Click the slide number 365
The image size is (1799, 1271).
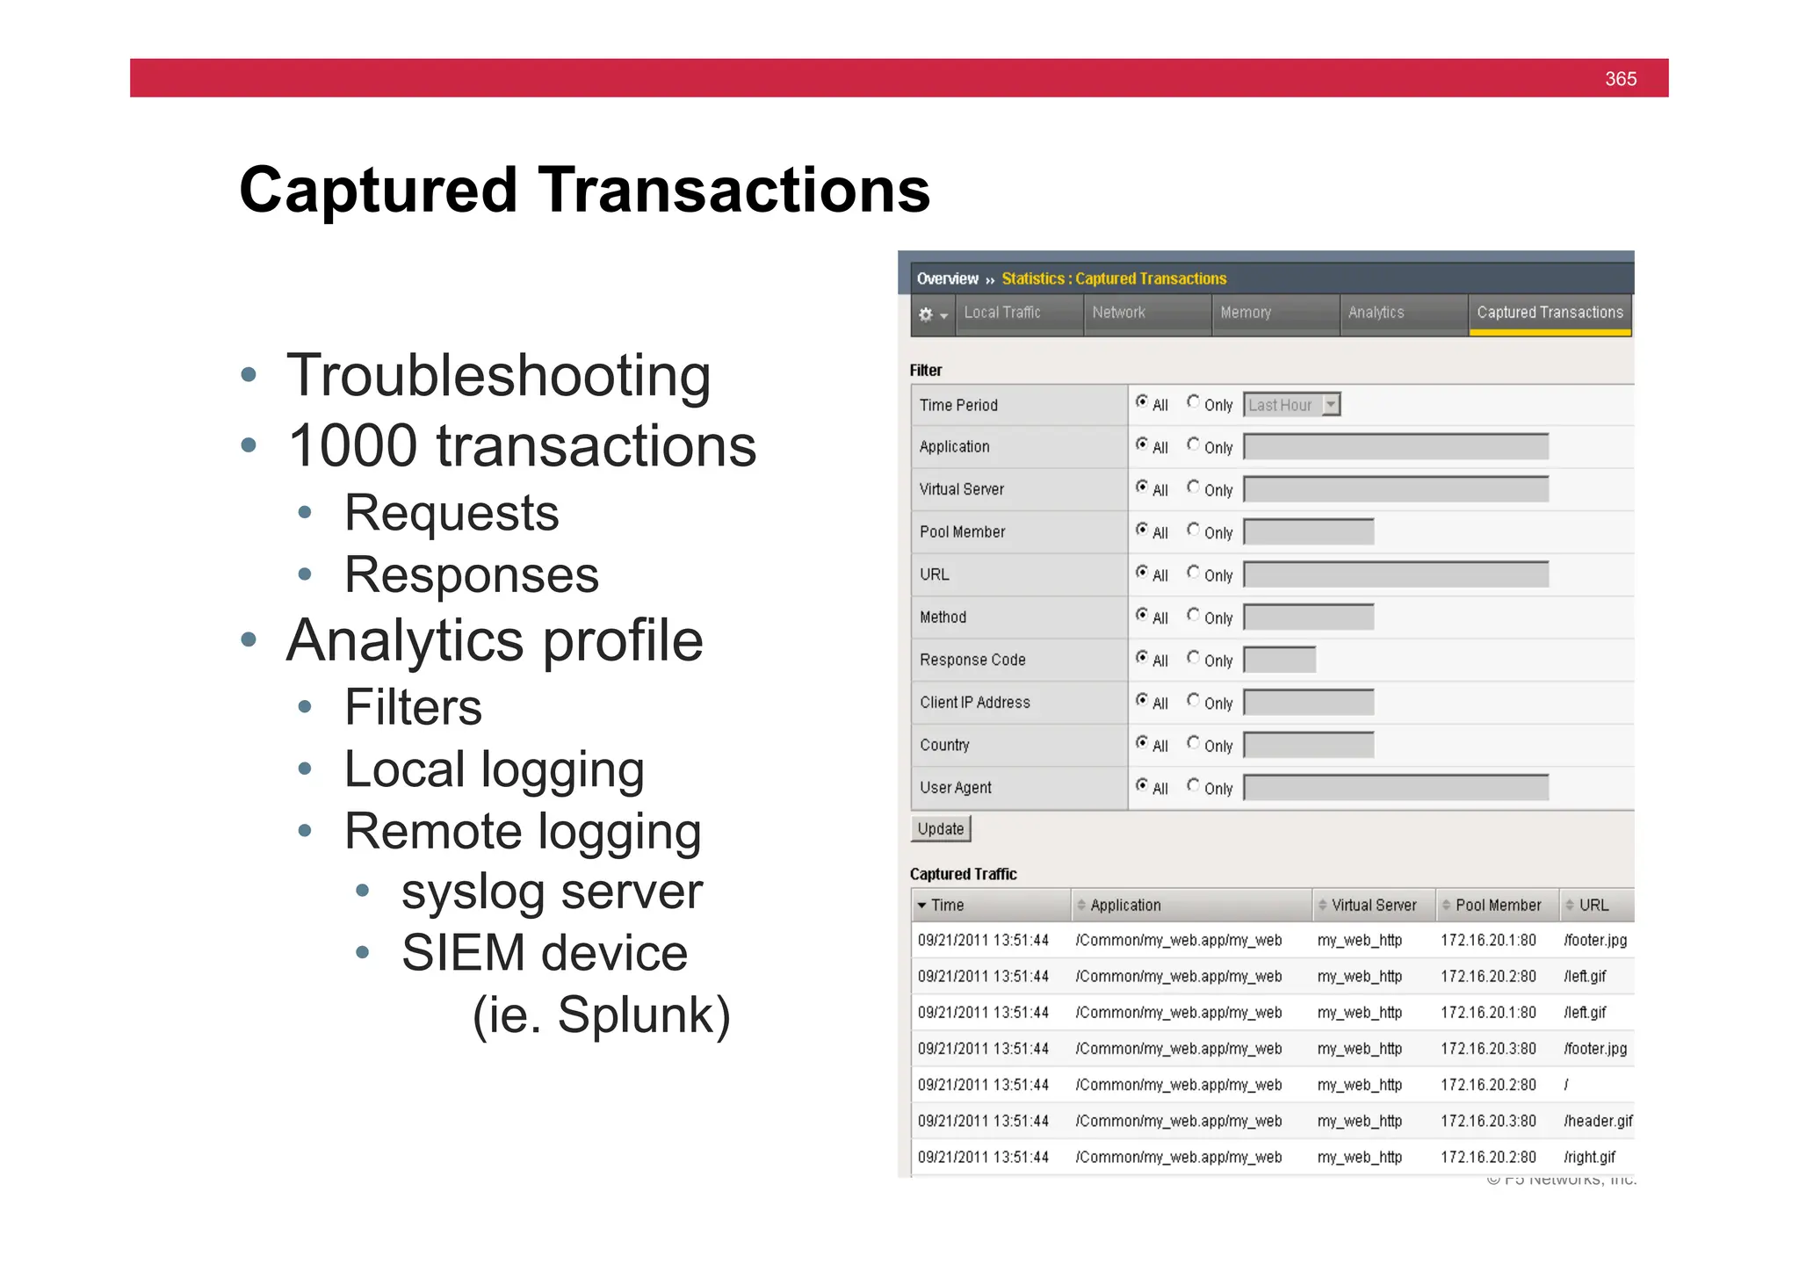(1620, 79)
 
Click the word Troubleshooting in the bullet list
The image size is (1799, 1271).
(498, 376)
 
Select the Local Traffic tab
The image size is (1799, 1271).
(1002, 313)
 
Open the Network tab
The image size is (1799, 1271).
(1118, 313)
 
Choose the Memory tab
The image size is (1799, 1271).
(1246, 313)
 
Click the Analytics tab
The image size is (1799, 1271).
(1376, 313)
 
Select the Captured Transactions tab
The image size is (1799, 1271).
(1550, 313)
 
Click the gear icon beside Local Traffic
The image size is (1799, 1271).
(926, 314)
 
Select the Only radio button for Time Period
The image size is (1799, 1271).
(1193, 402)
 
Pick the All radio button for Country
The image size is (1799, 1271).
(1142, 743)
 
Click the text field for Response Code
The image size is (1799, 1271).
(1280, 660)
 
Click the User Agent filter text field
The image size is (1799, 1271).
(1396, 788)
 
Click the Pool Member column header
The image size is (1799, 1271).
(1498, 906)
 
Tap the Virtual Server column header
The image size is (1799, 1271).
(1373, 906)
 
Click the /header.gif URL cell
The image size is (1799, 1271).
(1598, 1121)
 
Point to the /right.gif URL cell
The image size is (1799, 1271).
(1589, 1157)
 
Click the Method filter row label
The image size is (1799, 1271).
(943, 617)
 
